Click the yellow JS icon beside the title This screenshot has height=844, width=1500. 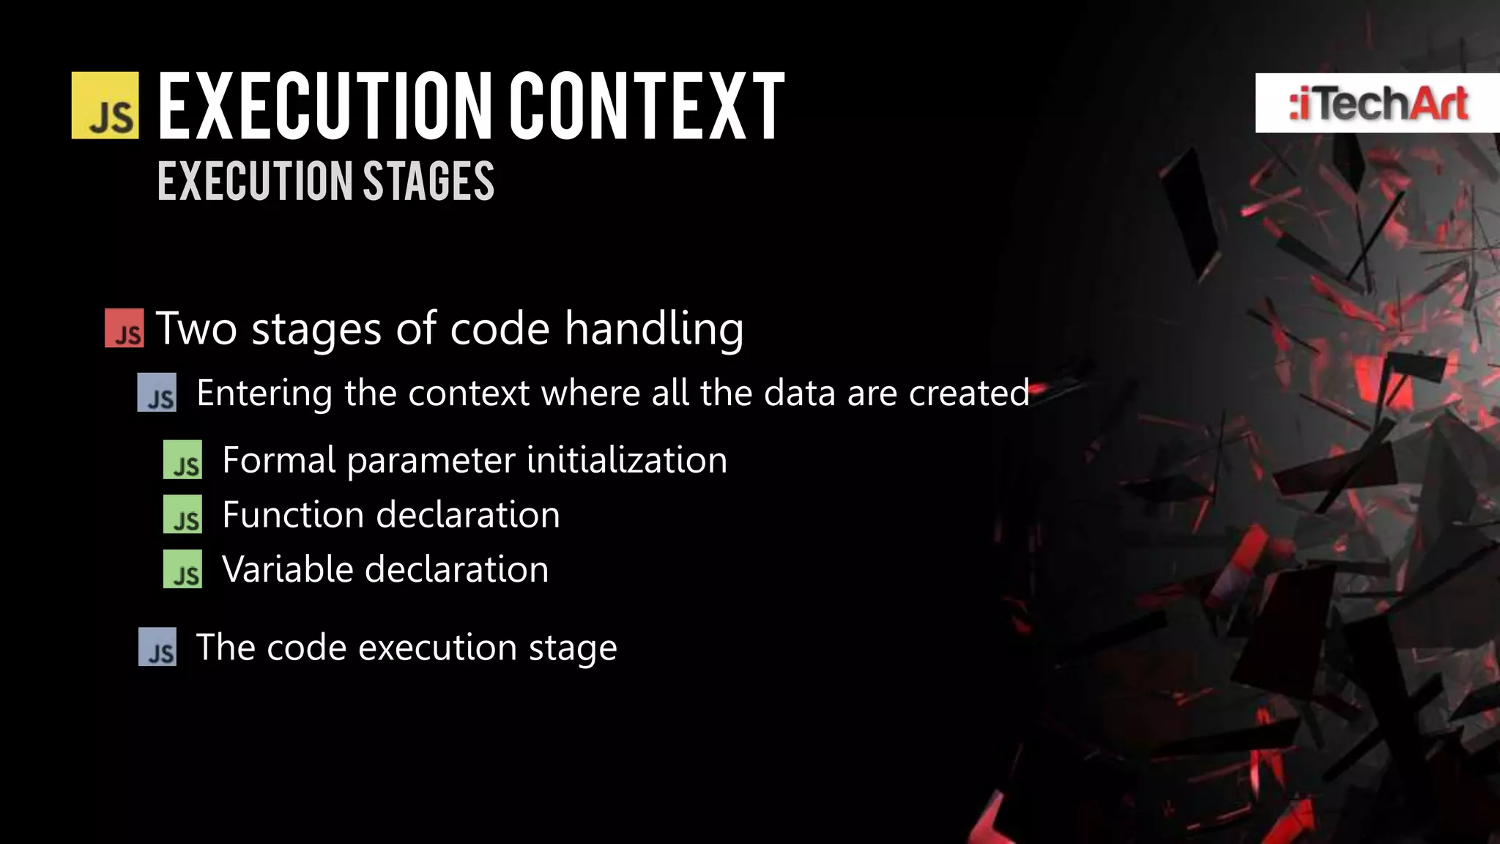click(x=105, y=105)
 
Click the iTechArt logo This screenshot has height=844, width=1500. click(x=1377, y=103)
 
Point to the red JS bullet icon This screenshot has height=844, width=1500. click(x=124, y=328)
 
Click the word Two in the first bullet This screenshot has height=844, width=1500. click(x=196, y=328)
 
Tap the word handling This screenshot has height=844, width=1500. click(x=654, y=328)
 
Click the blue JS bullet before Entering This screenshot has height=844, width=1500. click(x=157, y=393)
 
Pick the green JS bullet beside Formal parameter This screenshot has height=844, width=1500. click(x=182, y=460)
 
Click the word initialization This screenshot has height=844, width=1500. click(x=626, y=460)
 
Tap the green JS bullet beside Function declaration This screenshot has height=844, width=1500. click(x=182, y=514)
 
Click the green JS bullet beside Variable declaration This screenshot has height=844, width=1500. click(x=182, y=569)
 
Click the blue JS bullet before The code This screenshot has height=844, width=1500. click(x=157, y=647)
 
